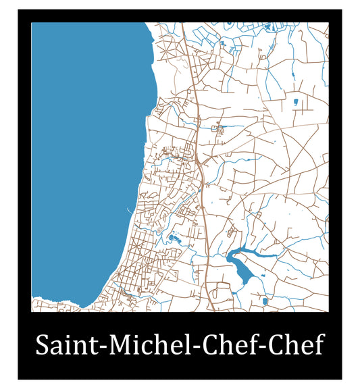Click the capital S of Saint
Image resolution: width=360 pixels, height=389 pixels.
click(x=42, y=345)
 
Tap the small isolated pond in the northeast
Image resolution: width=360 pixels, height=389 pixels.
click(x=295, y=102)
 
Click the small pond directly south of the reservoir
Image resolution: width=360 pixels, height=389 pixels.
click(x=264, y=300)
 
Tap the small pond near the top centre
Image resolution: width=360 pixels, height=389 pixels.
click(x=222, y=45)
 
